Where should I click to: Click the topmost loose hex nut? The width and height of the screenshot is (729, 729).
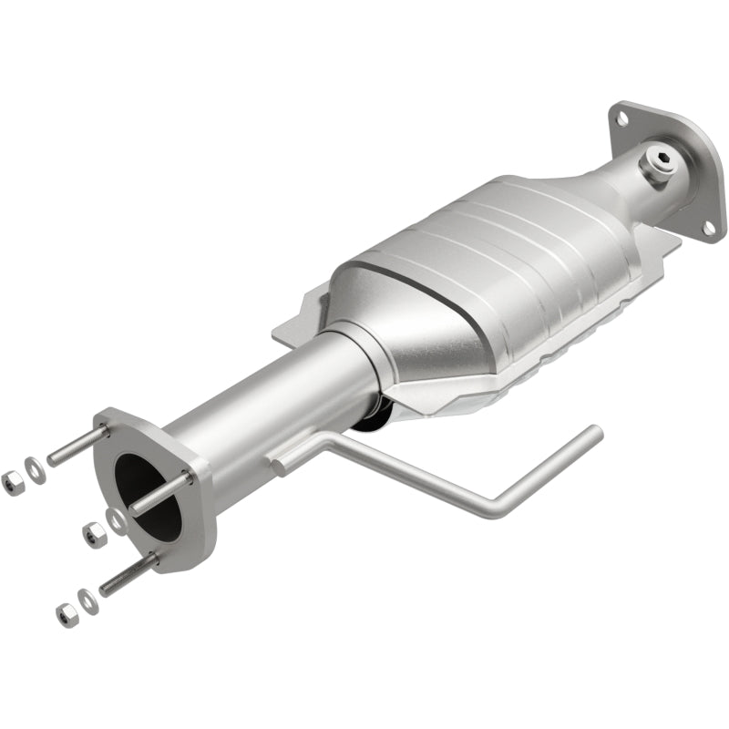click(12, 483)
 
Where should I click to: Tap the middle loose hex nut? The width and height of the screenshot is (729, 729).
click(94, 535)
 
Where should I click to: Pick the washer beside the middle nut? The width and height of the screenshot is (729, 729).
click(116, 520)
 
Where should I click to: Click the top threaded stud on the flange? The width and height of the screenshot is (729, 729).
click(77, 446)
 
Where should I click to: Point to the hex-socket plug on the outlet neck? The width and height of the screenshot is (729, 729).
click(662, 165)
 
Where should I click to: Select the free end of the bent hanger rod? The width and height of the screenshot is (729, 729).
click(594, 431)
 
